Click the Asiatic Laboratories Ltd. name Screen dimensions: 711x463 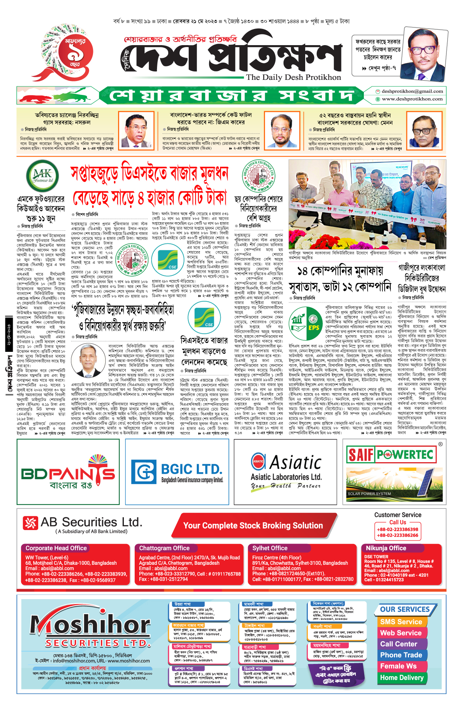click(286, 477)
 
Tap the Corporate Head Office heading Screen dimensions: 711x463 click(56, 548)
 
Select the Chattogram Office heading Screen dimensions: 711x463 click(164, 548)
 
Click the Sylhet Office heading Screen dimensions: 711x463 click(270, 548)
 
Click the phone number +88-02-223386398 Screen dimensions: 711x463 click(397, 530)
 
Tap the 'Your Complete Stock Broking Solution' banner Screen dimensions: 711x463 click(253, 525)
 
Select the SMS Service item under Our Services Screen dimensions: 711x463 click(401, 622)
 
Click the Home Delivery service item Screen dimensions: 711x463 click(402, 678)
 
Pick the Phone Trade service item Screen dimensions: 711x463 click(401, 655)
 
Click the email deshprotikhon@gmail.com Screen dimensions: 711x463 click(412, 91)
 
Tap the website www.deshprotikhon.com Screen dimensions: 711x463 click(412, 99)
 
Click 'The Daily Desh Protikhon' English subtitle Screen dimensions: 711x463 click(294, 78)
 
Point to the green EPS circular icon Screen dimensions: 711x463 click(306, 324)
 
